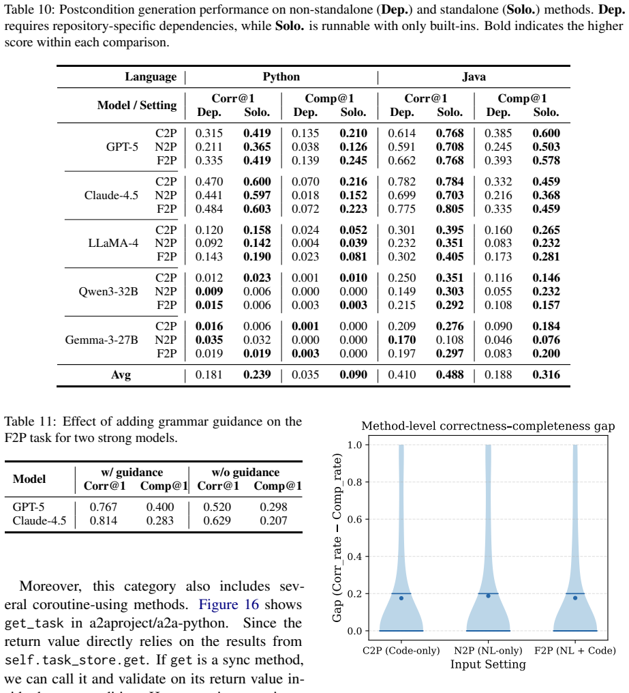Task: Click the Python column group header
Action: pyautogui.click(x=281, y=77)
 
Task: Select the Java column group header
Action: pyautogui.click(x=474, y=77)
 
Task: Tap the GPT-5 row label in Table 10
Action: pyautogui.click(x=122, y=147)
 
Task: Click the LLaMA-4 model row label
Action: pyautogui.click(x=113, y=243)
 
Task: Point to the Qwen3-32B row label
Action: pyautogui.click(x=108, y=292)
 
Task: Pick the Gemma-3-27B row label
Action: pyautogui.click(x=102, y=340)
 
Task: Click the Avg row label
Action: pyautogui.click(x=121, y=375)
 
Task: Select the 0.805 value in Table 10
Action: pyautogui.click(x=450, y=209)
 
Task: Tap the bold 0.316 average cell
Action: pyautogui.click(x=546, y=374)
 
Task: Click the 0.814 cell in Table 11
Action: pyautogui.click(x=104, y=520)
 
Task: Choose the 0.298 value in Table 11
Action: pyautogui.click(x=273, y=507)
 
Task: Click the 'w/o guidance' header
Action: pyautogui.click(x=245, y=473)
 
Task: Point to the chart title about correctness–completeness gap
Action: pyautogui.click(x=488, y=426)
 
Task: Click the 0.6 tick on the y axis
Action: pyautogui.click(x=354, y=519)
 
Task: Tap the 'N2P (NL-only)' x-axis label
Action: pyautogui.click(x=488, y=651)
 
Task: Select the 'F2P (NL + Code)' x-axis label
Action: pyautogui.click(x=575, y=651)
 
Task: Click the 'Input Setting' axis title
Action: pyautogui.click(x=488, y=665)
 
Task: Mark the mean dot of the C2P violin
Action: pyautogui.click(x=401, y=598)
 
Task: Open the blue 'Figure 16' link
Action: pyautogui.click(x=228, y=604)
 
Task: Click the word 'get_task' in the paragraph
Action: pyautogui.click(x=34, y=623)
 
